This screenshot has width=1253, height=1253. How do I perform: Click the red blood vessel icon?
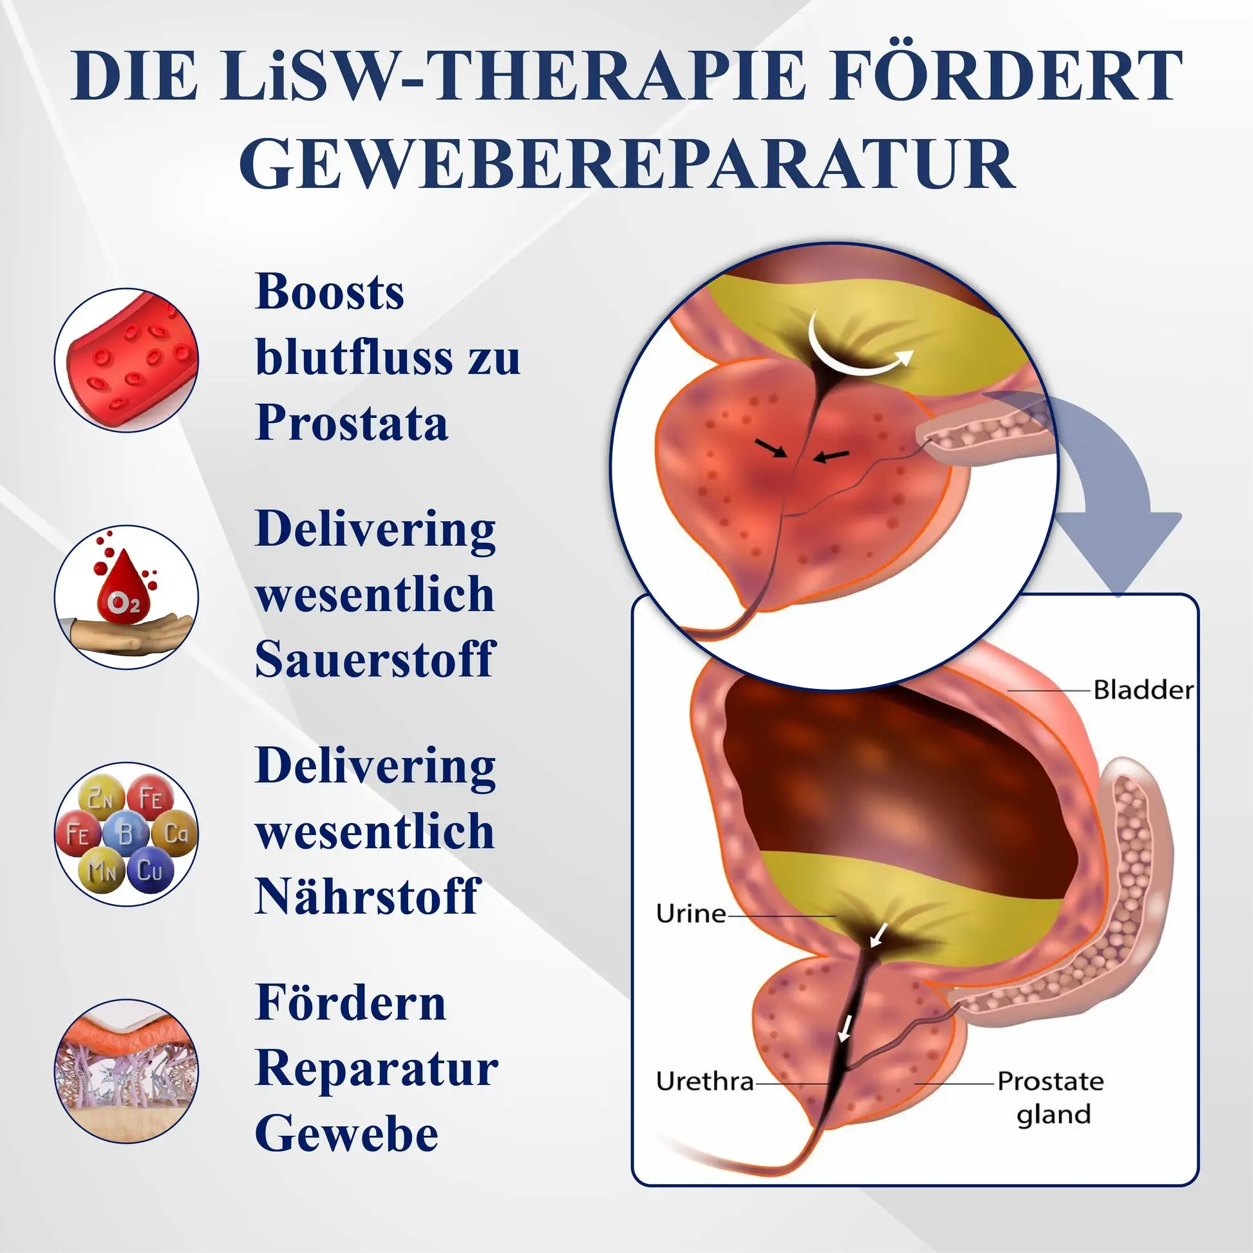click(x=126, y=361)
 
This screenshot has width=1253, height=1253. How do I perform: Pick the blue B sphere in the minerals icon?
click(x=125, y=833)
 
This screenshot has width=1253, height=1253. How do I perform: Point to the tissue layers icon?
click(x=126, y=1071)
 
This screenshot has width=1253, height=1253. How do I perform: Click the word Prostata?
click(x=352, y=422)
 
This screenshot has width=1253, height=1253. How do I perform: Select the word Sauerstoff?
click(x=375, y=659)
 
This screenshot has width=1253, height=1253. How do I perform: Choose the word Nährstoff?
click(x=367, y=896)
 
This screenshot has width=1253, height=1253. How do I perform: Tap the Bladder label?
click(x=1143, y=690)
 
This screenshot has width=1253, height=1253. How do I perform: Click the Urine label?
click(x=691, y=914)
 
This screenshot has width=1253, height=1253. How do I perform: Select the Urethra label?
click(x=704, y=1081)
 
